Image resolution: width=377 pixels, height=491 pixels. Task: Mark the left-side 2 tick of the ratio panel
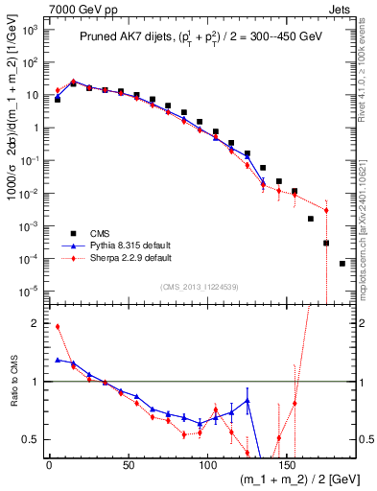[x=36, y=323]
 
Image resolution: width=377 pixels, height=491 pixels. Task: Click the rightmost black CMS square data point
[x=342, y=264]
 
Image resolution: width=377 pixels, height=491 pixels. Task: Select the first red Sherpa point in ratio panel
[x=58, y=326]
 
